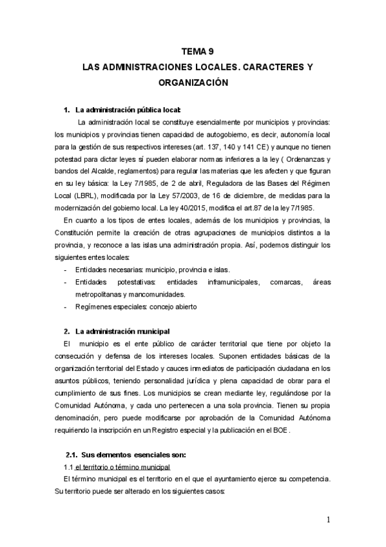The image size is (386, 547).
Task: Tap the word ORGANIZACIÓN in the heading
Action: pos(193,83)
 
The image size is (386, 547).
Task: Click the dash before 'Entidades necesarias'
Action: pos(66,270)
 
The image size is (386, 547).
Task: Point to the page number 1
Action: pos(329,520)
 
